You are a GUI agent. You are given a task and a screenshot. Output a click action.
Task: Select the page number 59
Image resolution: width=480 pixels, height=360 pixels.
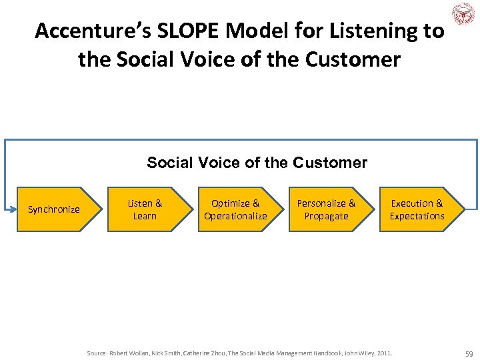point(469,352)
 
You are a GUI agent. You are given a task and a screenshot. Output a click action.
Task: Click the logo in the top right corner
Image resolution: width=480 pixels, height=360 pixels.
point(463,14)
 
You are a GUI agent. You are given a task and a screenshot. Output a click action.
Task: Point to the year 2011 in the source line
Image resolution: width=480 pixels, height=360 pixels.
point(384,352)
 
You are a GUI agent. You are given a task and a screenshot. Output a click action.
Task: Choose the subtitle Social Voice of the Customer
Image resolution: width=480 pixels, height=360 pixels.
point(257,163)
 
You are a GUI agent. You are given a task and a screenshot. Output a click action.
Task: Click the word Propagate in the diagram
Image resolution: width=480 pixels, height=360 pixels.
point(326,216)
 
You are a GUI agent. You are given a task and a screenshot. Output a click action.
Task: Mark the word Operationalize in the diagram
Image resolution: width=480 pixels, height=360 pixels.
point(235,216)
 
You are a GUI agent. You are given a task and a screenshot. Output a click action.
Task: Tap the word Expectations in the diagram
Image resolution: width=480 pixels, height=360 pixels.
point(417,216)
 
